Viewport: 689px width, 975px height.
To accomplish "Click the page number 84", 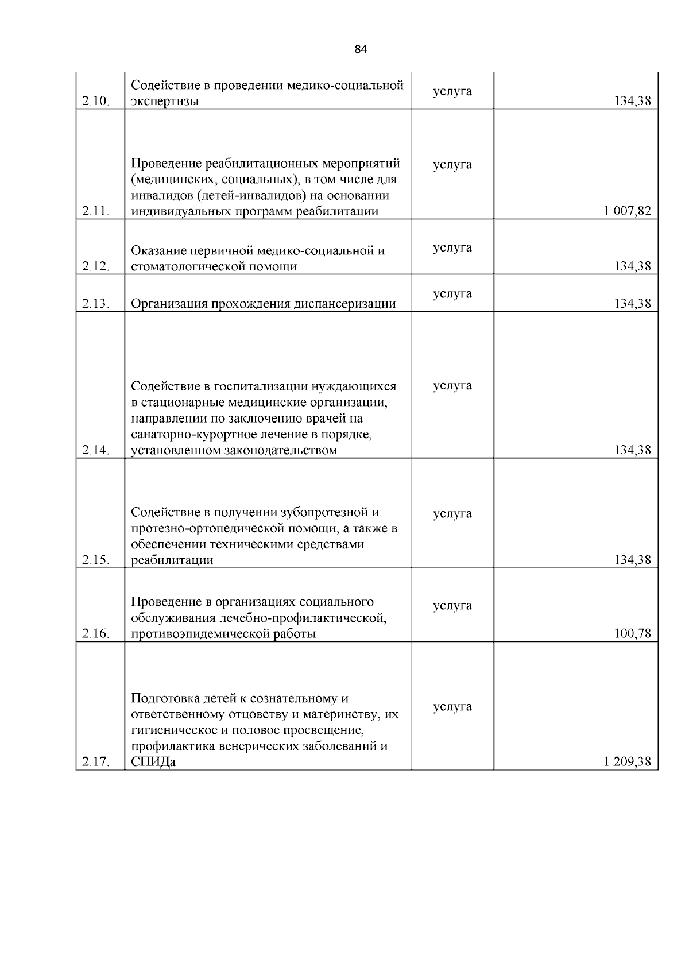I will click(x=361, y=49).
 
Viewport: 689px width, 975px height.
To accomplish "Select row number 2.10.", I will click(x=95, y=102).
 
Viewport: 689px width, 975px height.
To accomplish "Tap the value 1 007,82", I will click(x=627, y=211).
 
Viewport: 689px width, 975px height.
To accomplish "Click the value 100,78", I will click(x=633, y=633).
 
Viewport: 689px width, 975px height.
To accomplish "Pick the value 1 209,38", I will click(x=627, y=761).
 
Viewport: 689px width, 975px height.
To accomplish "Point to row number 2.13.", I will click(x=95, y=304).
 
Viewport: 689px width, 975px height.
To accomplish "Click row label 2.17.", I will click(x=95, y=762).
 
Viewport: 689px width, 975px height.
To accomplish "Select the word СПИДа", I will click(x=153, y=763).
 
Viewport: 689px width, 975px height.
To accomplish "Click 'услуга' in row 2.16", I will click(x=452, y=606).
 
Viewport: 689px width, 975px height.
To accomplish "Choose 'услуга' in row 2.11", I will click(x=452, y=165).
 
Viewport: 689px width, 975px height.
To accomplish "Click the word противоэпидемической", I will click(x=199, y=634).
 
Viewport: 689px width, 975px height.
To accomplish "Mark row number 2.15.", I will click(x=95, y=560).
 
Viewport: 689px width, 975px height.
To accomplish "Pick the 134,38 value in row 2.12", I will click(x=633, y=266).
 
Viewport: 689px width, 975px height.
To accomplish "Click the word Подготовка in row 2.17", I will click(x=165, y=699).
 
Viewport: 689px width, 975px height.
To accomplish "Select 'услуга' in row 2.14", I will click(x=452, y=385).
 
